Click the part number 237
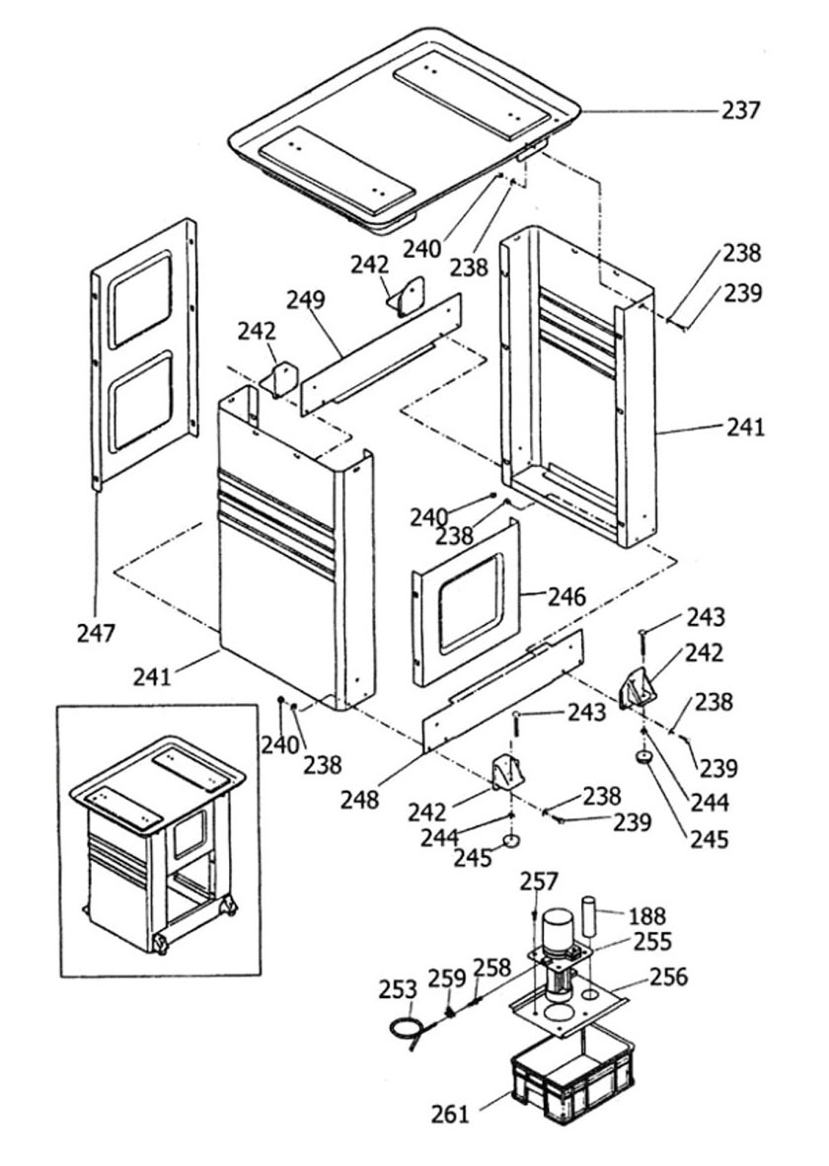coord(741,110)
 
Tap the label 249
coord(306,300)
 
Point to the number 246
coord(566,595)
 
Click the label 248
coord(360,800)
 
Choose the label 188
coord(646,915)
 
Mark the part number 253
coord(398,989)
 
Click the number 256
coord(669,975)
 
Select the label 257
coord(538,882)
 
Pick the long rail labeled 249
coord(381,354)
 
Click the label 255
coord(652,942)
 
